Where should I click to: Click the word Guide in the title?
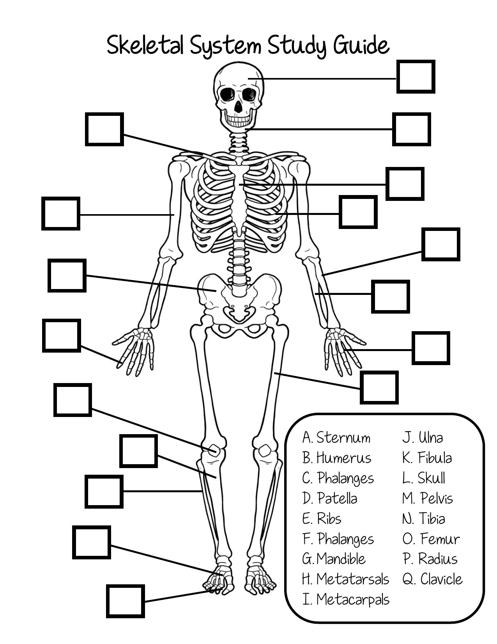(x=361, y=46)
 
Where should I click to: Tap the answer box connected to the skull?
(x=416, y=77)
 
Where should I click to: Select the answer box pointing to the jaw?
(x=411, y=129)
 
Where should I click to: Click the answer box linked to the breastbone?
(x=405, y=184)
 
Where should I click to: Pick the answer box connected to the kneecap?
(x=73, y=400)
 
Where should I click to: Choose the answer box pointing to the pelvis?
(x=67, y=275)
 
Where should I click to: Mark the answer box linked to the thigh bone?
(x=379, y=387)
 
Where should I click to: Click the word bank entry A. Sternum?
(x=336, y=438)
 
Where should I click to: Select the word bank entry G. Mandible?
(x=334, y=559)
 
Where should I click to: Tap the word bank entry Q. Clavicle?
(x=432, y=579)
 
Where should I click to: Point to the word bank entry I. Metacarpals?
(x=345, y=600)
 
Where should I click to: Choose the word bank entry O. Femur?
(x=431, y=539)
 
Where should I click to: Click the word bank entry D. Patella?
(x=330, y=499)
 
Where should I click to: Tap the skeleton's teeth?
(x=238, y=119)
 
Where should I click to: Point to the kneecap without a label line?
(x=265, y=451)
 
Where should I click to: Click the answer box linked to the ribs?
(x=358, y=212)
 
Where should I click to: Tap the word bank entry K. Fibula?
(x=427, y=458)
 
